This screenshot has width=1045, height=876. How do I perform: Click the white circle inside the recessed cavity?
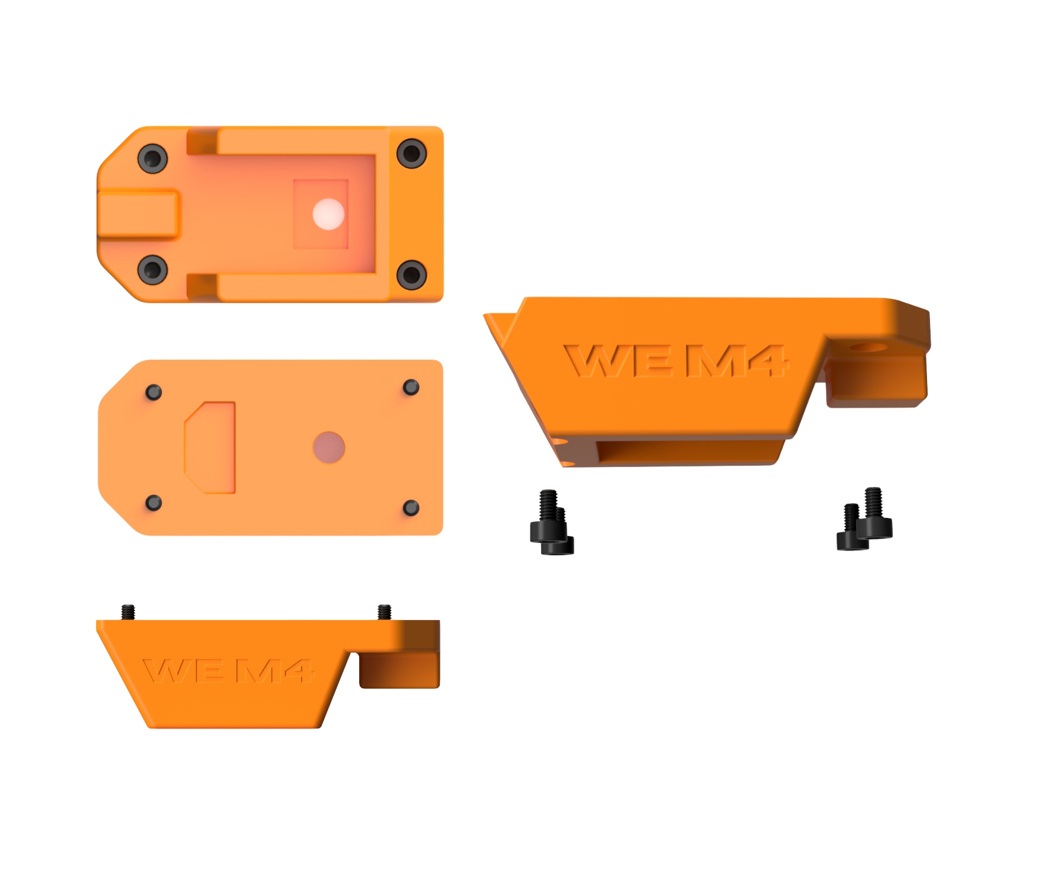pyautogui.click(x=328, y=214)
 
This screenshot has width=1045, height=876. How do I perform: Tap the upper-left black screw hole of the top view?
pyautogui.click(x=152, y=158)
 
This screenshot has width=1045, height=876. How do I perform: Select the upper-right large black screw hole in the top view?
pyautogui.click(x=411, y=154)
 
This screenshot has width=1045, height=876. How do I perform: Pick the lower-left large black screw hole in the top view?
pyautogui.click(x=152, y=270)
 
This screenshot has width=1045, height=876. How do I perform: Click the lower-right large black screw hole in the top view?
pyautogui.click(x=411, y=274)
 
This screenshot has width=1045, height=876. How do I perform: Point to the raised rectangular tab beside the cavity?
pyautogui.click(x=138, y=214)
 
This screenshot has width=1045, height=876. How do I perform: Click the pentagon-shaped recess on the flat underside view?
pyautogui.click(x=210, y=447)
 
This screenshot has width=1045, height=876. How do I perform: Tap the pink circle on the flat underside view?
pyautogui.click(x=329, y=447)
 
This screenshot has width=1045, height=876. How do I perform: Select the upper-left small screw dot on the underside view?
pyautogui.click(x=154, y=392)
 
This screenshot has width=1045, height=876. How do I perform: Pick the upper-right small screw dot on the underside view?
pyautogui.click(x=411, y=388)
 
